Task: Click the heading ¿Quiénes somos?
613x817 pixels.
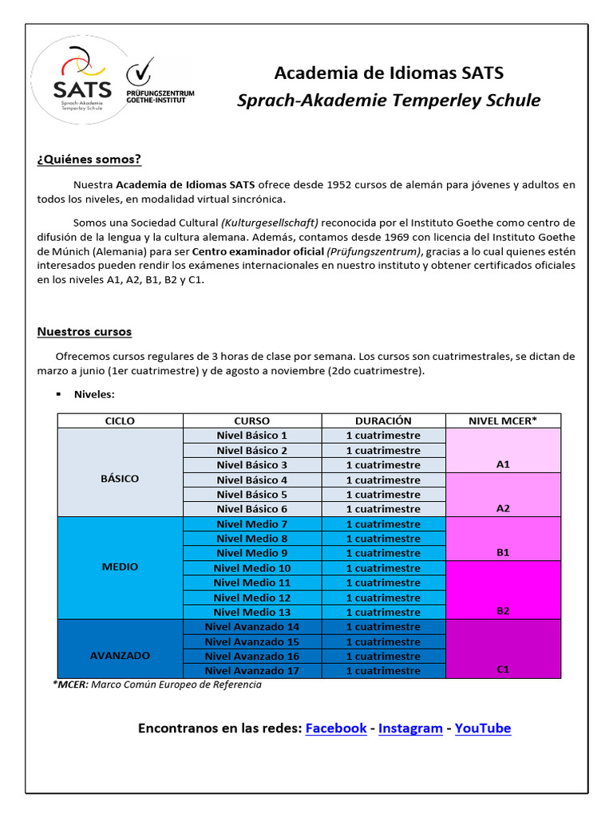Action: tap(89, 160)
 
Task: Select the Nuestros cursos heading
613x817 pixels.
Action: tap(84, 331)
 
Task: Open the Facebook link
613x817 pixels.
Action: tap(336, 728)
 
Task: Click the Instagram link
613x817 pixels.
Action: tap(410, 728)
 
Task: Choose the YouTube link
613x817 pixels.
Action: tap(483, 728)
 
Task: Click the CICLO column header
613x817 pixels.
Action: tap(120, 420)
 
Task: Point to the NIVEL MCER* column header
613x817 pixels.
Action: tap(503, 420)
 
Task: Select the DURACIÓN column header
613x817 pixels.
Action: tap(383, 420)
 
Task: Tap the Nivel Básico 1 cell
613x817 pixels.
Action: tap(252, 436)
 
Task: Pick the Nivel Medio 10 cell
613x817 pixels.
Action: tap(252, 568)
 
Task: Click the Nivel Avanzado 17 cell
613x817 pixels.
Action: tap(252, 671)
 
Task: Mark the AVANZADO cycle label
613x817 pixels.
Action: tap(120, 655)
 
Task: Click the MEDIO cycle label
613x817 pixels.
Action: tap(120, 566)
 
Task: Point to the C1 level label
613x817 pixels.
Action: tap(503, 669)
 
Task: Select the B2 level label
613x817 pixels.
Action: tap(503, 611)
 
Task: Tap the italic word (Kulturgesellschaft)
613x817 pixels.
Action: tap(270, 223)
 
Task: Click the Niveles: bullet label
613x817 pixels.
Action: tap(94, 394)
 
